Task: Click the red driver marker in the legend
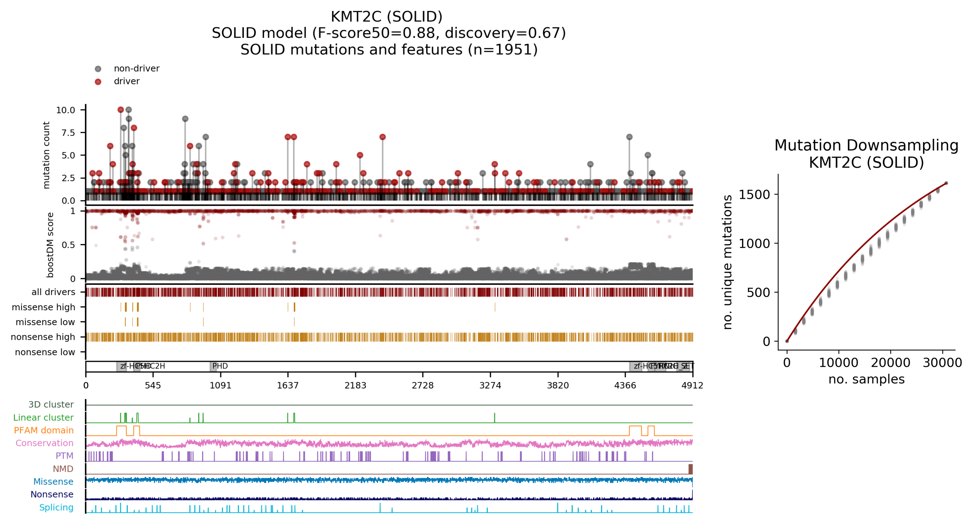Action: pos(98,82)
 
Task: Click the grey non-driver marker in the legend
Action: pos(98,69)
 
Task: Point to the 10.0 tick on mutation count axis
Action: pos(66,110)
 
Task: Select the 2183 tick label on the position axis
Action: pos(355,385)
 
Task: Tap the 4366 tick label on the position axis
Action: pos(625,385)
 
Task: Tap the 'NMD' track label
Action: pos(63,469)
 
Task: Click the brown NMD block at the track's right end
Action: pos(690,469)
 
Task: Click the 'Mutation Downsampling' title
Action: pos(866,145)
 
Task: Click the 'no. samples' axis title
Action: pos(866,379)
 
